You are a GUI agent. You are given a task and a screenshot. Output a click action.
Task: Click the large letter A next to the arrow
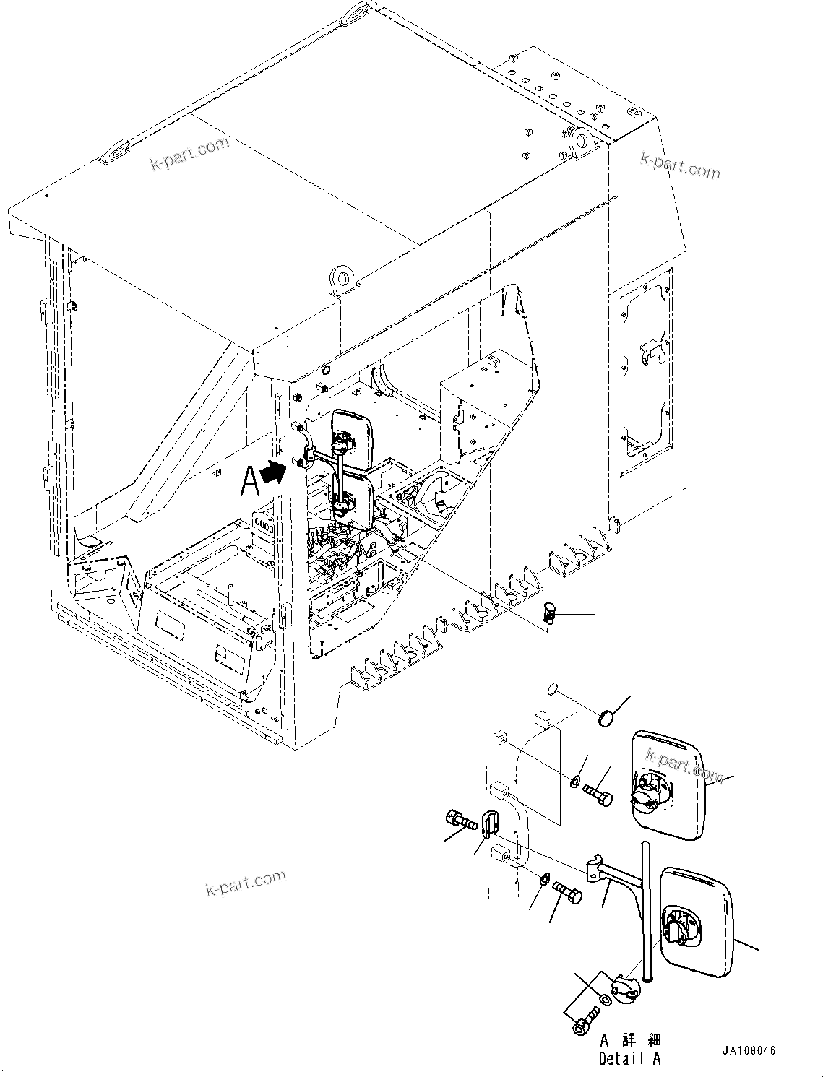(250, 480)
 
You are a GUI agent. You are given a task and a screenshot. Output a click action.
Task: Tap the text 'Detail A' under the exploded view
(629, 1059)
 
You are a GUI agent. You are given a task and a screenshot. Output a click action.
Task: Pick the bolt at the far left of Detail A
(460, 821)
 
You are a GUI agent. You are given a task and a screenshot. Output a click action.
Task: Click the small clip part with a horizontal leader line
(548, 615)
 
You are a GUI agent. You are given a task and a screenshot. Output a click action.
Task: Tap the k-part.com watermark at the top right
(680, 167)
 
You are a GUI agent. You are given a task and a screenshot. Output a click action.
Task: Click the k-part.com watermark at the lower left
(246, 883)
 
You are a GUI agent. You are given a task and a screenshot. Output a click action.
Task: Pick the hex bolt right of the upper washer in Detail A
(597, 795)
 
